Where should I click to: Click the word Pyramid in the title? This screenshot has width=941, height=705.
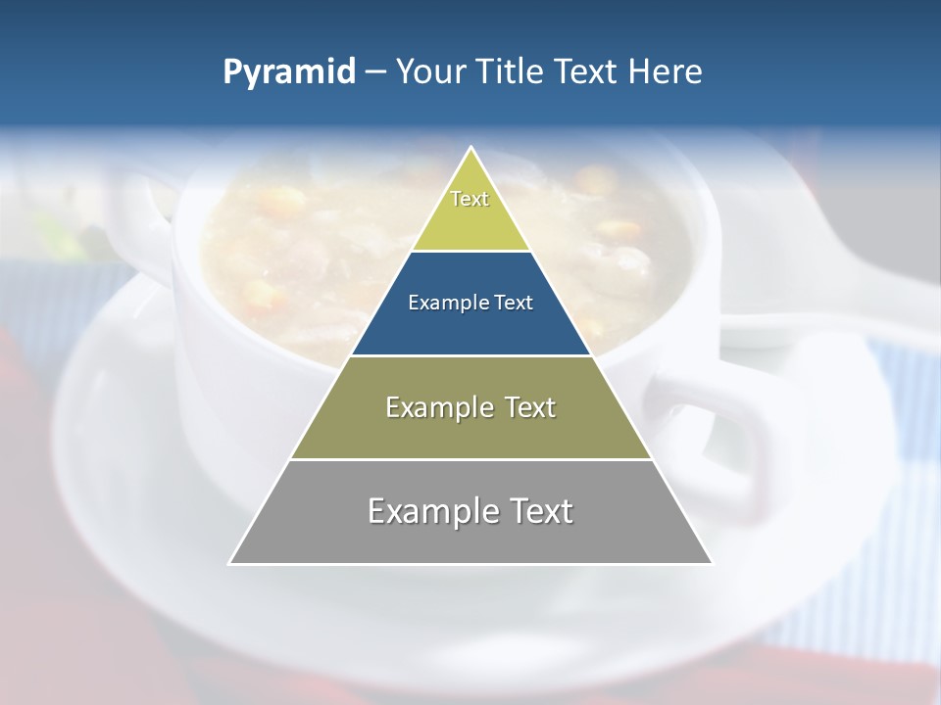click(288, 72)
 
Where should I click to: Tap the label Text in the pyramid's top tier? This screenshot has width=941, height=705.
click(470, 199)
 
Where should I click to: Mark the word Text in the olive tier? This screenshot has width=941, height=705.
click(524, 407)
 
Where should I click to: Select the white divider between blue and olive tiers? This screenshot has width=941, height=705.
click(470, 355)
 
